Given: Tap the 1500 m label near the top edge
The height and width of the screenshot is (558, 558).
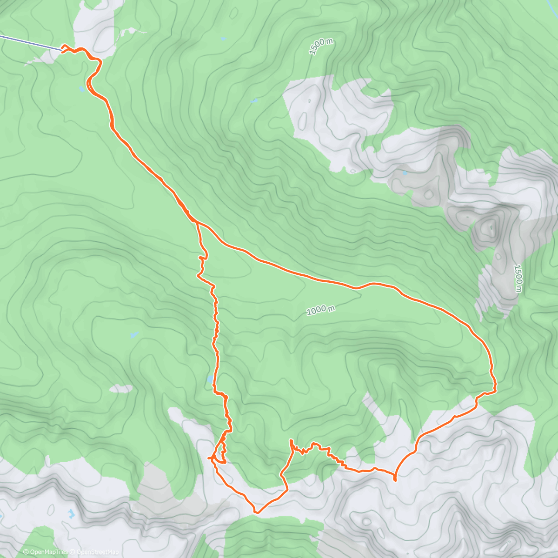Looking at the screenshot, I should pyautogui.click(x=321, y=46).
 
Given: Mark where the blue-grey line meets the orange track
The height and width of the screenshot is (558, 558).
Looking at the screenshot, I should pyautogui.click(x=61, y=48).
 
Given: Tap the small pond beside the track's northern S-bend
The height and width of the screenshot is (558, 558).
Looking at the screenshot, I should pyautogui.click(x=82, y=88).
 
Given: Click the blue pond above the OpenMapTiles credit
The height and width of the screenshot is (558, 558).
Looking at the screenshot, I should pyautogui.click(x=70, y=514).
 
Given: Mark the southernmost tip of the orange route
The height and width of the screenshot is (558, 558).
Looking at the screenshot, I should pyautogui.click(x=256, y=512).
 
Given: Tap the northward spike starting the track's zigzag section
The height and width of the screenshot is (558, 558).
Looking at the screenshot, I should pyautogui.click(x=291, y=441).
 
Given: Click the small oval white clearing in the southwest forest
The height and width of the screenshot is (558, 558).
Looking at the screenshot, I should pyautogui.click(x=121, y=388).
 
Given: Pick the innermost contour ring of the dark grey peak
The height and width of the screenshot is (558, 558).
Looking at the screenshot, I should pyautogui.click(x=489, y=227).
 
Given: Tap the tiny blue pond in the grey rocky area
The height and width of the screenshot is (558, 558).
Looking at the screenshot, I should pyautogui.click(x=405, y=173).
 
